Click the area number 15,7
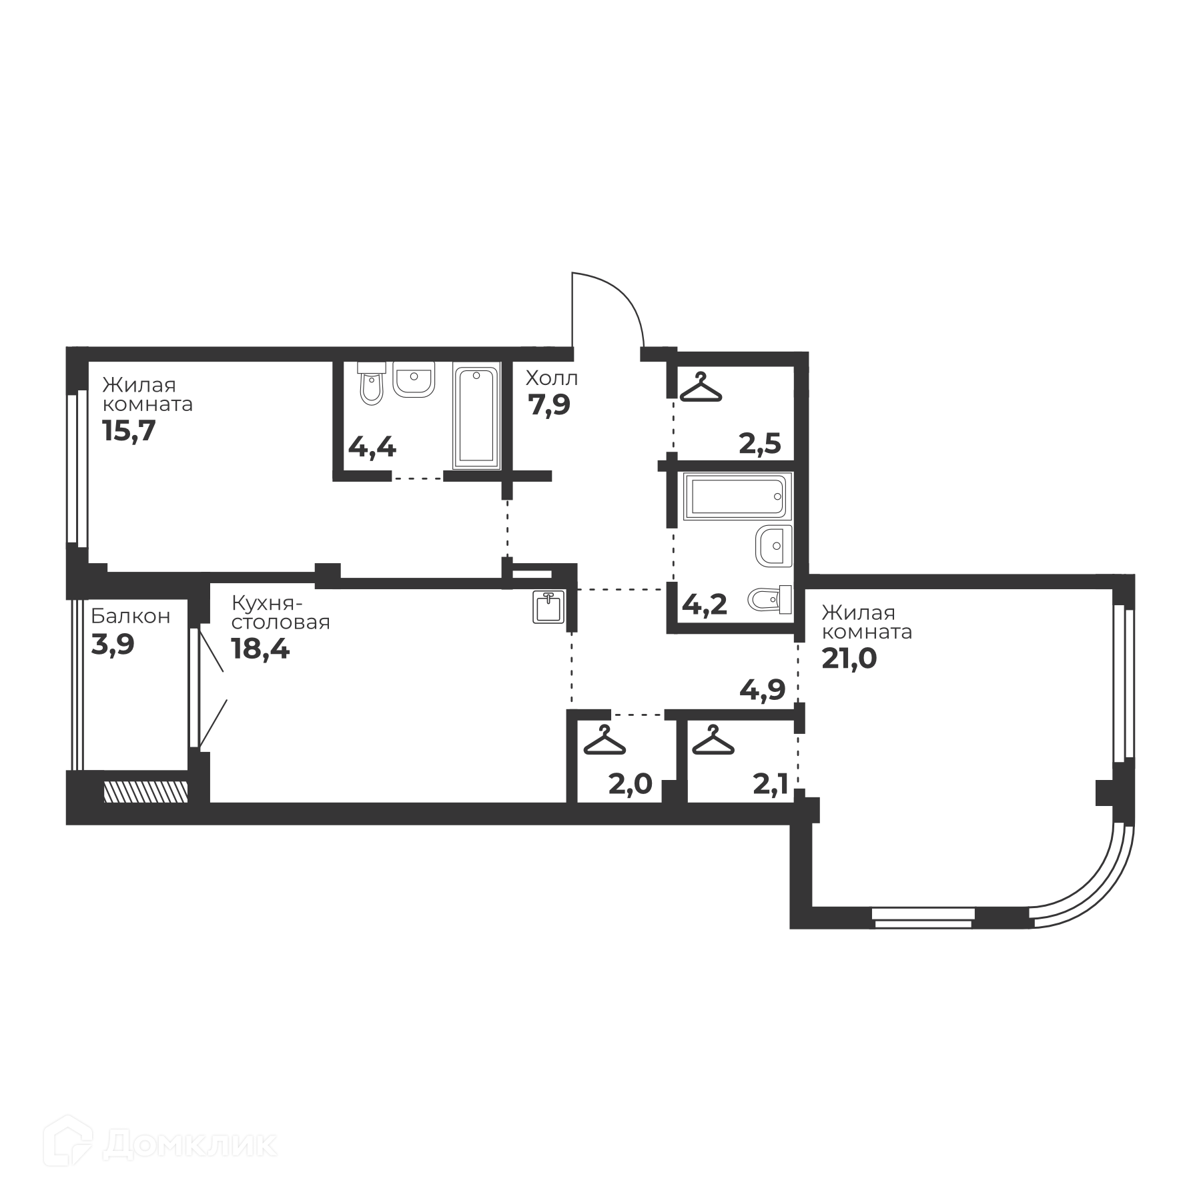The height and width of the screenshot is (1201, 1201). pos(129,431)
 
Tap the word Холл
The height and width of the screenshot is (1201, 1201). pos(552,378)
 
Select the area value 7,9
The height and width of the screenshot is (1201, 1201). pos(549,405)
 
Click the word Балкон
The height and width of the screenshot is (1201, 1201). pos(131,616)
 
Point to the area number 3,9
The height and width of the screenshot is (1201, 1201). pos(113,645)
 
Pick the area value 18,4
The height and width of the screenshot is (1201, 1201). pos(260,649)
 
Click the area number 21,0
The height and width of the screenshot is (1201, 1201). pos(849,659)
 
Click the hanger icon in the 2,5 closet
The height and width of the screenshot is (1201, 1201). pos(701,388)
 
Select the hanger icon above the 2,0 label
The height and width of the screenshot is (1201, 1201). pos(605,740)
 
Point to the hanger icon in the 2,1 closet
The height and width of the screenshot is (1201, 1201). pos(713,740)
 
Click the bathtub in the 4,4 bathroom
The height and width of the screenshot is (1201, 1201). pos(476,415)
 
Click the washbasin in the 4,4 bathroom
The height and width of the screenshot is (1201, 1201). pos(414,379)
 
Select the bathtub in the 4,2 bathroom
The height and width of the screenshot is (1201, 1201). pos(737,496)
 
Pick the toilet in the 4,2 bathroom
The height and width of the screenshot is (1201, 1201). pos(770,600)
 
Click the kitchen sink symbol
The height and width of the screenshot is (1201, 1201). pos(549,607)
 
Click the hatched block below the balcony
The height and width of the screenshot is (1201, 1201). pos(146,791)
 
